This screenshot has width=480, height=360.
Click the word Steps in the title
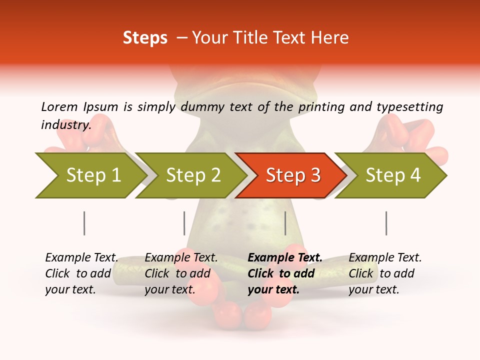pyautogui.click(x=145, y=38)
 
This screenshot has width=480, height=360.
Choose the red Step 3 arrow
pyautogui.click(x=292, y=175)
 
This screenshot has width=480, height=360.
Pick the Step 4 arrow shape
pyautogui.click(x=393, y=175)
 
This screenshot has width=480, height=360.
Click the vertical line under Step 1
pyautogui.click(x=84, y=223)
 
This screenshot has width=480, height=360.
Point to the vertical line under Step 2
pyautogui.click(x=184, y=223)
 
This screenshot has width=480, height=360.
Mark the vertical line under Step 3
pyautogui.click(x=285, y=223)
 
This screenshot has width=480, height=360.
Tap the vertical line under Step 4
pyautogui.click(x=386, y=223)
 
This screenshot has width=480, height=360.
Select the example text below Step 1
pyautogui.click(x=81, y=273)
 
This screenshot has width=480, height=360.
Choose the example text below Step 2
pyautogui.click(x=180, y=273)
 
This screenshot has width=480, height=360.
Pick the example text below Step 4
pyautogui.click(x=384, y=273)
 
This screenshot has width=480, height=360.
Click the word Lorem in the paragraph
pyautogui.click(x=59, y=106)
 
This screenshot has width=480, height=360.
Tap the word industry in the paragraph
pyautogui.click(x=66, y=124)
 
